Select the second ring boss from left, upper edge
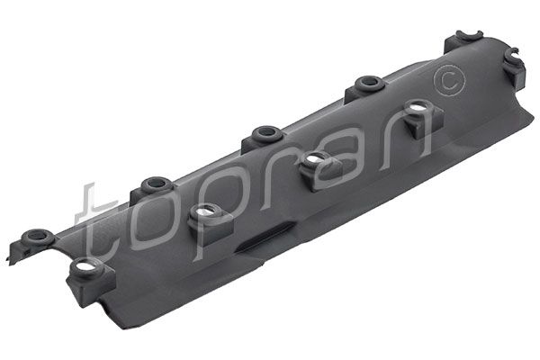click(x=154, y=183)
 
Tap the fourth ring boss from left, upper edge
click(x=367, y=83)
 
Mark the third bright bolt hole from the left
click(x=313, y=160)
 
